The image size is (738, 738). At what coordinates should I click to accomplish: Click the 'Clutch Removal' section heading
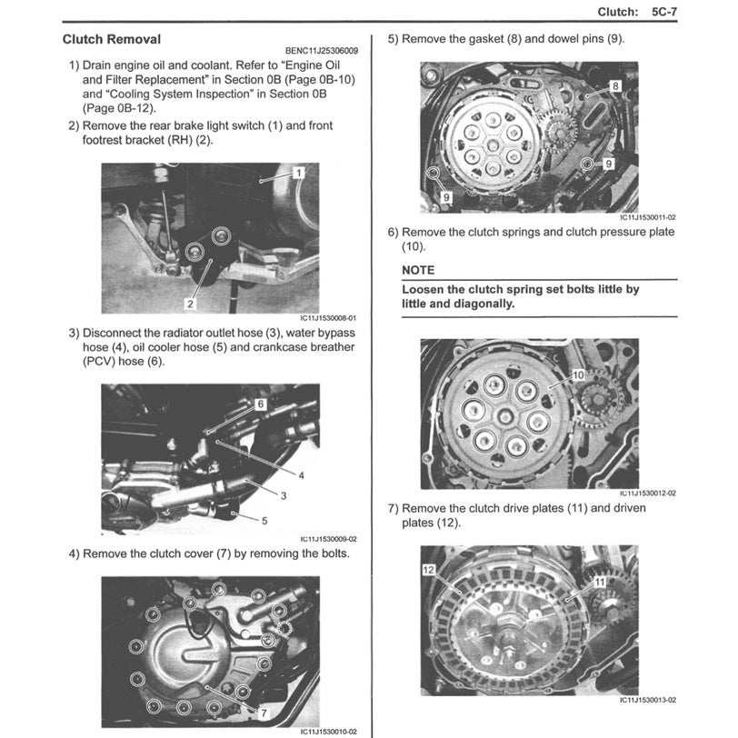coord(112,40)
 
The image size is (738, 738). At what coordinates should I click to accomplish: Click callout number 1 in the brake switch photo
coord(299,171)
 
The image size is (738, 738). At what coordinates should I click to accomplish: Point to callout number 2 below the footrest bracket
coord(192,303)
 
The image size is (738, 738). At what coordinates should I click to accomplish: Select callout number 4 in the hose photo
coord(301,475)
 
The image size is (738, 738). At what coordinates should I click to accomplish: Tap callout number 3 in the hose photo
coord(284,495)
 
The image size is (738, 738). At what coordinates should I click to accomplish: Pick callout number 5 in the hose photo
coord(264,521)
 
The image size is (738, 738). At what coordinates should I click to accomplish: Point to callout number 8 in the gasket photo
coord(615,85)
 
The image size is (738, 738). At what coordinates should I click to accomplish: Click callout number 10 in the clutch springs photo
coord(577,374)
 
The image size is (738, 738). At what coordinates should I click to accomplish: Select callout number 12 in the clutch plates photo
coord(428,570)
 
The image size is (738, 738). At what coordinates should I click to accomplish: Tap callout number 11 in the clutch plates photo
coord(600,581)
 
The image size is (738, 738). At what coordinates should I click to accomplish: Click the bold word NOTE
coord(418,270)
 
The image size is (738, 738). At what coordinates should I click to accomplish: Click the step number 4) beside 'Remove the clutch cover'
coord(73,553)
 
